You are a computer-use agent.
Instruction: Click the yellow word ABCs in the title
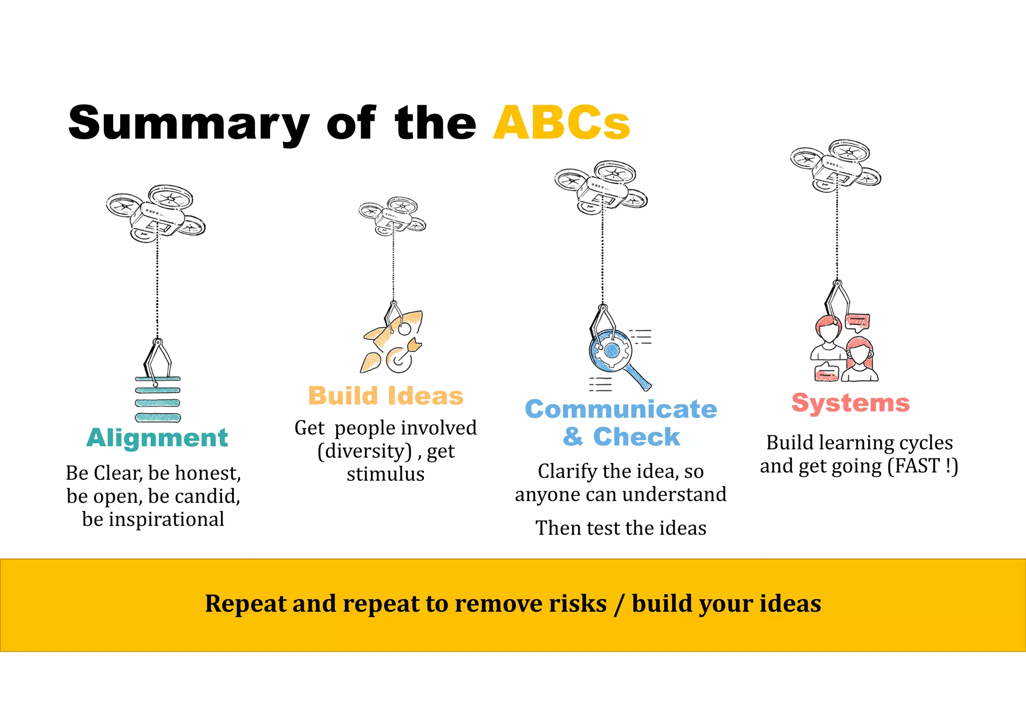pos(561,123)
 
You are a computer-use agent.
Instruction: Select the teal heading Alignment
pos(157,438)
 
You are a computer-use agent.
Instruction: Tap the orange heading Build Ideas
pos(386,396)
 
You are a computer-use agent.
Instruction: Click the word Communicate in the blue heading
pos(621,409)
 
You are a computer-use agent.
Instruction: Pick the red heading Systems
pos(850,403)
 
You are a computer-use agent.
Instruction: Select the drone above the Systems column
pos(836,165)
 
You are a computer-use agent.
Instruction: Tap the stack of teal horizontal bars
pos(158,400)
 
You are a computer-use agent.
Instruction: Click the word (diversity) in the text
pos(365,451)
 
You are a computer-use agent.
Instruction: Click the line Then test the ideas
pos(621,528)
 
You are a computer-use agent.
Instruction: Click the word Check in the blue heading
pos(636,437)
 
